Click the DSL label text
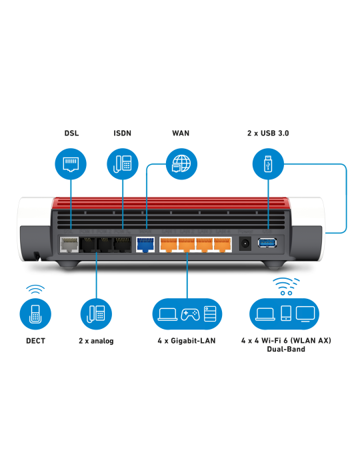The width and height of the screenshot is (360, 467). pyautogui.click(x=71, y=133)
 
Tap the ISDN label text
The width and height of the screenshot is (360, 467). pyautogui.click(x=123, y=133)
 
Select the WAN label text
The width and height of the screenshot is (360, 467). pyautogui.click(x=180, y=133)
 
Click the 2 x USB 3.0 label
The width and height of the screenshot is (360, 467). pyautogui.click(x=267, y=133)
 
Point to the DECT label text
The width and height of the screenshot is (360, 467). pyautogui.click(x=35, y=341)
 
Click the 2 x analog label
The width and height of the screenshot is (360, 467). pyautogui.click(x=96, y=341)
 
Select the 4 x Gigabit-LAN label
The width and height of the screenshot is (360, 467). pyautogui.click(x=187, y=341)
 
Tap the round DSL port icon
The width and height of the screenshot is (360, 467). pyautogui.click(x=71, y=164)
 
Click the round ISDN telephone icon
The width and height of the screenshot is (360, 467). pyautogui.click(x=123, y=164)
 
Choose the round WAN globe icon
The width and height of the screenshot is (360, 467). pyautogui.click(x=180, y=164)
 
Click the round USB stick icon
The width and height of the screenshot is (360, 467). pyautogui.click(x=268, y=164)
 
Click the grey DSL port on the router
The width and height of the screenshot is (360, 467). pyautogui.click(x=69, y=244)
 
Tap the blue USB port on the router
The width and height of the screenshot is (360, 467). pyautogui.click(x=268, y=243)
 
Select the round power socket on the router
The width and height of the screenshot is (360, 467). pyautogui.click(x=245, y=244)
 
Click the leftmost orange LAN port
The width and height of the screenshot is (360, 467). pyautogui.click(x=168, y=244)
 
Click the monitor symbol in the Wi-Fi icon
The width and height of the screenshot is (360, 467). pyautogui.click(x=307, y=313)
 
